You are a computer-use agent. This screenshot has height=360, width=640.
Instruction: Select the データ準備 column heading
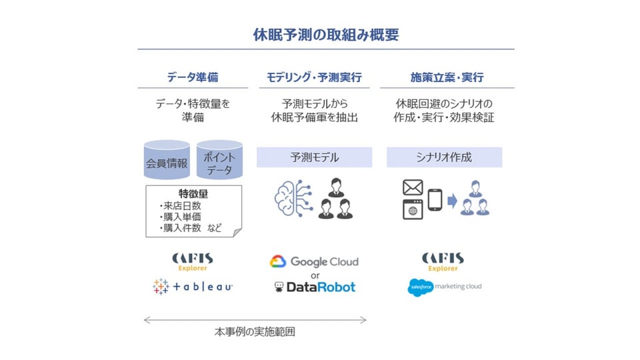[x=192, y=77]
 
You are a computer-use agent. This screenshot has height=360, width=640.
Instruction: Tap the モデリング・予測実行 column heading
[x=314, y=77]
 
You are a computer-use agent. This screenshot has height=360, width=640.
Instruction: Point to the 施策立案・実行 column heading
[x=447, y=77]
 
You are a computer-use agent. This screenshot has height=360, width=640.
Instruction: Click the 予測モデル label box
[x=314, y=157]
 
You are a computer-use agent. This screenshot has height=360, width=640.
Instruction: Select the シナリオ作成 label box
[x=444, y=157]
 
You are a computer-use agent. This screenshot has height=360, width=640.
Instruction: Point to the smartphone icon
[x=435, y=199]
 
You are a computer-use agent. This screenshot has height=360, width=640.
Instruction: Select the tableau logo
[x=192, y=287]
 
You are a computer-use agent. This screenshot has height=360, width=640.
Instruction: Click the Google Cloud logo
[x=314, y=261]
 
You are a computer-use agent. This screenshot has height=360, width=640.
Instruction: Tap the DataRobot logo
[x=315, y=287]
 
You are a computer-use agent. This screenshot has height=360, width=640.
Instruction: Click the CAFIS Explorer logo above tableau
[x=192, y=261]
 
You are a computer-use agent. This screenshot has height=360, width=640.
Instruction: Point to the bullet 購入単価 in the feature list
[x=181, y=217]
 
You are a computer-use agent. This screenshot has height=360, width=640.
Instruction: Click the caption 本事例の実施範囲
[x=255, y=331]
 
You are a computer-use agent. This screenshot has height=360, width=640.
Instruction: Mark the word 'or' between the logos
[x=315, y=275]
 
